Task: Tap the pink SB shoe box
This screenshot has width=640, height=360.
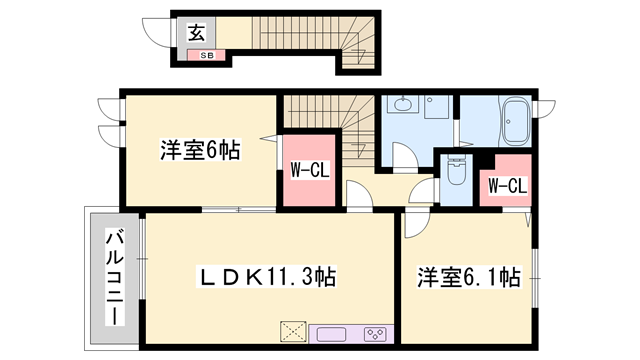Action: click(206, 55)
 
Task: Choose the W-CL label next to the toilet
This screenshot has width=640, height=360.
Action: click(507, 184)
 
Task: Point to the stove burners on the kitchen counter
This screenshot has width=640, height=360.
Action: click(375, 332)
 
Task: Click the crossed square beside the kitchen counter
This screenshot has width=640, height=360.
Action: click(294, 332)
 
